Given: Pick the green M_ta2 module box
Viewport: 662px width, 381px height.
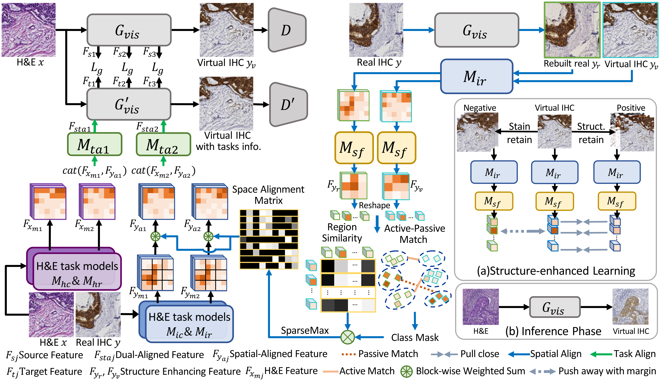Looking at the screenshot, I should point(163,144).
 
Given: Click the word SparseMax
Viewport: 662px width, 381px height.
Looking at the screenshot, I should point(305,331).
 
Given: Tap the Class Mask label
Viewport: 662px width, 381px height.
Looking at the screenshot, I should point(415,338).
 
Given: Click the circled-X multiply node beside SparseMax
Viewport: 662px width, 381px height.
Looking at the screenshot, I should point(347,337).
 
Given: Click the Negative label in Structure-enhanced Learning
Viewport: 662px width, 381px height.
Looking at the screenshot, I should point(480,108).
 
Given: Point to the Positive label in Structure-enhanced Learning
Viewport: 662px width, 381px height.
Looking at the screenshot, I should point(631,108).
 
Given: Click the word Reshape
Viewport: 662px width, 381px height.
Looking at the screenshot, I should point(374,205).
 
